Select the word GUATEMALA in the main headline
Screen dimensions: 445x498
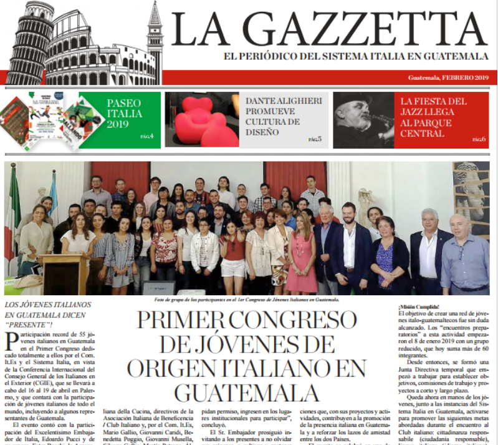point(246,392)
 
